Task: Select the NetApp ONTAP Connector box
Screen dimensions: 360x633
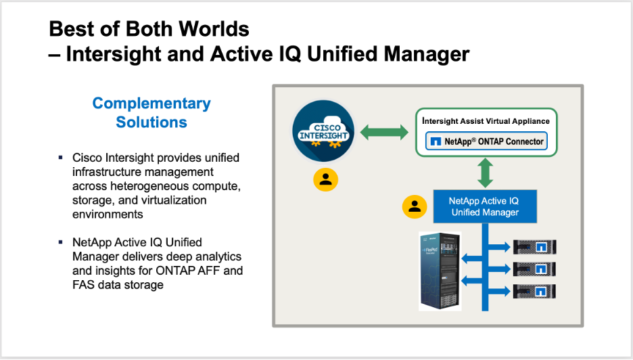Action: tap(486, 142)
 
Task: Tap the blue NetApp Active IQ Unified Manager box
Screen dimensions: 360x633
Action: tap(485, 206)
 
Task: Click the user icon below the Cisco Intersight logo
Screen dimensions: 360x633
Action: tap(326, 179)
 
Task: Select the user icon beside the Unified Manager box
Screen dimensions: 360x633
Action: tap(415, 207)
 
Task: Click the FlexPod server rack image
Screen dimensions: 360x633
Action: tap(440, 271)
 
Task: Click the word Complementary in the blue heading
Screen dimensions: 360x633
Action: tap(151, 104)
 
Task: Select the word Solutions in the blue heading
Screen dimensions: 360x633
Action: tap(151, 122)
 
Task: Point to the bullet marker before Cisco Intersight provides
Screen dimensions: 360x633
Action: tap(61, 158)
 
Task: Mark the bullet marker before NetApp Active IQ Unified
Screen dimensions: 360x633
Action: tap(61, 242)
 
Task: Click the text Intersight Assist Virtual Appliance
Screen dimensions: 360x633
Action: tap(486, 121)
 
